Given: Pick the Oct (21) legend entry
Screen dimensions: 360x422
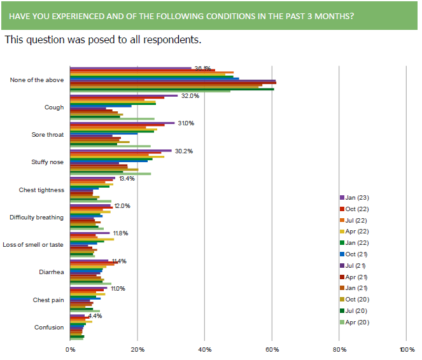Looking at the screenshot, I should point(355,254).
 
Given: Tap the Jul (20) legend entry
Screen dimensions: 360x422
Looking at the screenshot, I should point(355,311).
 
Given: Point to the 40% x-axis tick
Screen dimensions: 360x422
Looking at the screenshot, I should point(204,349).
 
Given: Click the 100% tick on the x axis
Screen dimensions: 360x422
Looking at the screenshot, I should point(406,349).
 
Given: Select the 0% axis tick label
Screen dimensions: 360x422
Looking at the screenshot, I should point(70,349).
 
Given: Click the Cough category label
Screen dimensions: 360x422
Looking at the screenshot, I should point(54,107).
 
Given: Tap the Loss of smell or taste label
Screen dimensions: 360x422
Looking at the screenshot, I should point(33,245).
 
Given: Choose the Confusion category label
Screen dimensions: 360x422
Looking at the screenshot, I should point(49,328).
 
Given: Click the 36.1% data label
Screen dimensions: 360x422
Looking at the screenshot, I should point(202,68).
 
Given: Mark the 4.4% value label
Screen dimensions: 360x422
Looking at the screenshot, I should point(95,315).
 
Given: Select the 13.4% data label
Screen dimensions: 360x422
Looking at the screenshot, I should point(127,179).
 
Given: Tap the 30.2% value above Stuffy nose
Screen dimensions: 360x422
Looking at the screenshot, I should point(183,151).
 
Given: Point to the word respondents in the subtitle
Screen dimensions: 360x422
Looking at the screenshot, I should point(167,40).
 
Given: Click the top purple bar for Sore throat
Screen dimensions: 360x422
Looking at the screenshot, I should point(122,123).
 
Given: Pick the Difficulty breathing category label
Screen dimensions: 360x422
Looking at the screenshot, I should point(36,218).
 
